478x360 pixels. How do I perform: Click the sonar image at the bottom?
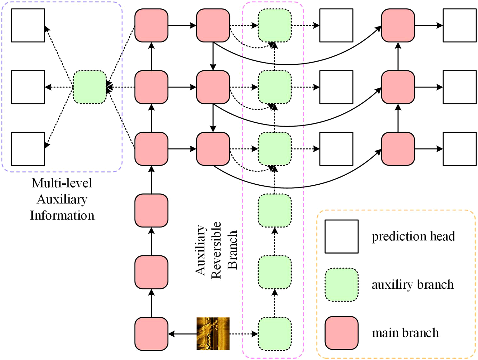click(213, 334)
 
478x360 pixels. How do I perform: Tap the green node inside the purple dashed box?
click(90, 87)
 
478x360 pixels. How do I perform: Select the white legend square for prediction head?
click(341, 236)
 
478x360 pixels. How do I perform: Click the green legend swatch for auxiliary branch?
click(341, 285)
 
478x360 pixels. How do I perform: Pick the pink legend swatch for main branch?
click(341, 333)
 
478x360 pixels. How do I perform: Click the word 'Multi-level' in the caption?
click(62, 183)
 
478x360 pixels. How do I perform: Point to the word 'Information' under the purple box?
click(62, 216)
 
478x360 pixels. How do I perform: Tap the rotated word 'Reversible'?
click(216, 250)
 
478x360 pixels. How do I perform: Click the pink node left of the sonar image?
click(151, 334)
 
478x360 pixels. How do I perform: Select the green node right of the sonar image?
click(275, 334)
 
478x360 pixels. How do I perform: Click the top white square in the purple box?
click(28, 25)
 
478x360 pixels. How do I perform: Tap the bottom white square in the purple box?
click(28, 149)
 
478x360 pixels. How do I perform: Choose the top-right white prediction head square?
click(459, 25)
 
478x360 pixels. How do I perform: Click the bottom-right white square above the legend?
click(459, 149)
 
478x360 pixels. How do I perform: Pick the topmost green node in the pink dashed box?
click(275, 25)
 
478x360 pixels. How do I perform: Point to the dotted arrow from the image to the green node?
click(244, 334)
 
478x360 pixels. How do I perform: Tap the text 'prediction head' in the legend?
click(413, 236)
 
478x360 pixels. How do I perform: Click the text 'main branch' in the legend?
click(405, 333)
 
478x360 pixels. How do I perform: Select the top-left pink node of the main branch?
click(151, 25)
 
